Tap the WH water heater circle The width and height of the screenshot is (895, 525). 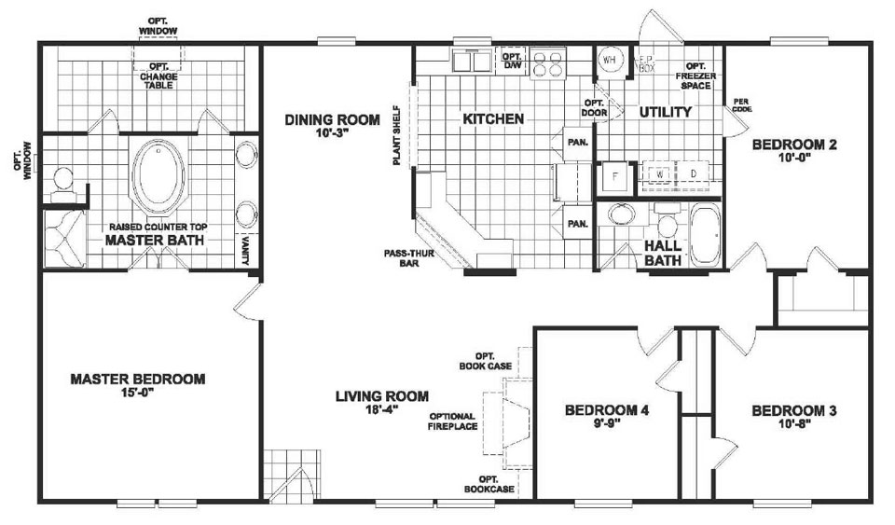pyautogui.click(x=610, y=60)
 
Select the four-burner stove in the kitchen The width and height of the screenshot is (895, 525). pyautogui.click(x=549, y=62)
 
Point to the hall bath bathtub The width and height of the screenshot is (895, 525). pyautogui.click(x=706, y=234)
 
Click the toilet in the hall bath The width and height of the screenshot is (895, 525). pyautogui.click(x=667, y=224)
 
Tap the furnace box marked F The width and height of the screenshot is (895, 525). pyautogui.click(x=616, y=174)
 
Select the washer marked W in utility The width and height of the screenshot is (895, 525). pyautogui.click(x=658, y=174)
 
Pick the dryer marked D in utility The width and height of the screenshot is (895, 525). pyautogui.click(x=694, y=174)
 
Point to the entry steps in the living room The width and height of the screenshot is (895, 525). pyautogui.click(x=283, y=476)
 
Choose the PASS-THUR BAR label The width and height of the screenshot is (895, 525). pyautogui.click(x=404, y=257)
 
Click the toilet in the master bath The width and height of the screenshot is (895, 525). pyautogui.click(x=63, y=182)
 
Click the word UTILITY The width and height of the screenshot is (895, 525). pyautogui.click(x=665, y=112)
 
